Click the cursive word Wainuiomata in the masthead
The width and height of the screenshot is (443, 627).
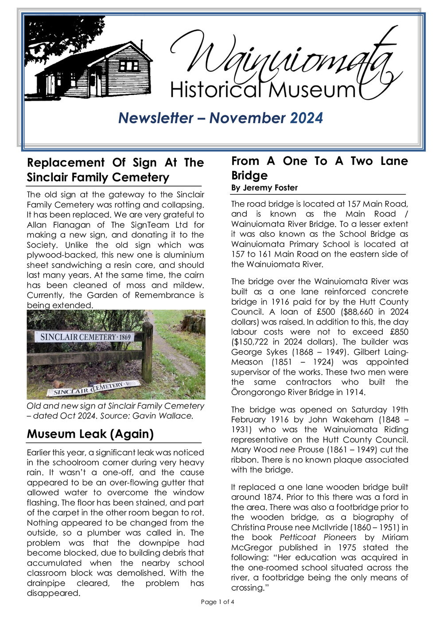[x=284, y=58]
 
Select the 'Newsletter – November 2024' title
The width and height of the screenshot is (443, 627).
[x=221, y=118]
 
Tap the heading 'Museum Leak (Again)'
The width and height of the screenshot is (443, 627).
[x=90, y=434]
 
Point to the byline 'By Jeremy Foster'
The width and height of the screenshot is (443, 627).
[x=264, y=188]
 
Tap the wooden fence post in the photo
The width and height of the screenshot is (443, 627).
[x=147, y=353]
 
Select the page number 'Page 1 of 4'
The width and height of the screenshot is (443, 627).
[x=218, y=602]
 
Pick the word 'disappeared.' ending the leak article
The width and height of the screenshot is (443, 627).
[x=53, y=593]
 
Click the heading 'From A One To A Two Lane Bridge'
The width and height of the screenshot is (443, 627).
[x=319, y=168]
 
